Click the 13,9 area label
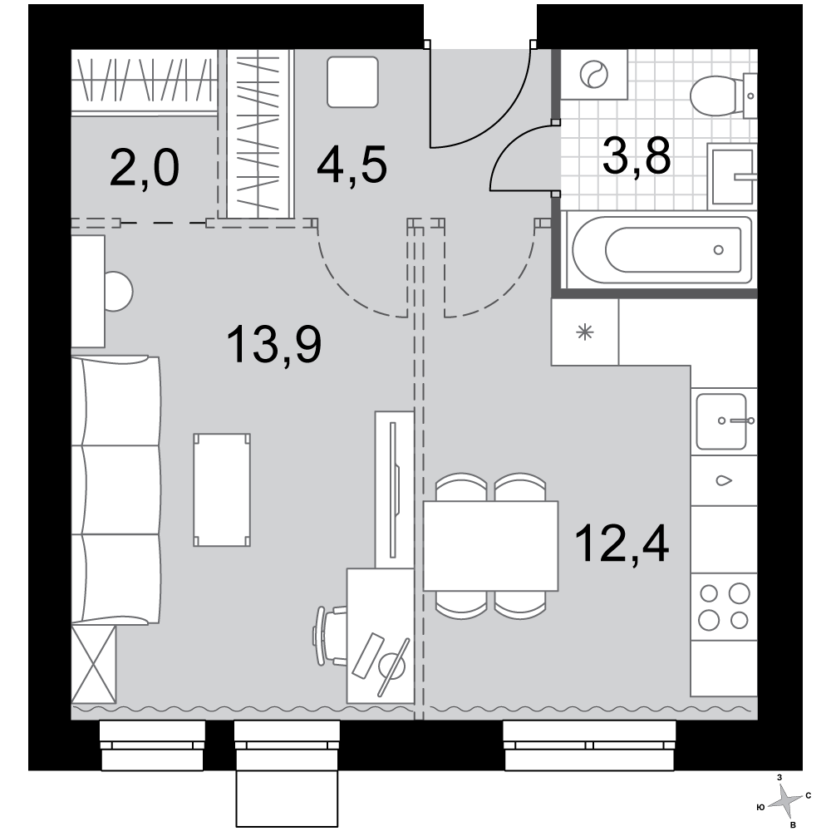tap(274, 345)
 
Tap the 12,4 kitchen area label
tap(621, 543)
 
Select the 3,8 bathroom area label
tap(637, 156)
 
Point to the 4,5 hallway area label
tap(352, 165)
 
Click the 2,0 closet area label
tap(144, 168)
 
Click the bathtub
tap(662, 250)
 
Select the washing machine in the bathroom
tap(594, 75)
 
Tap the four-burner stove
tap(724, 607)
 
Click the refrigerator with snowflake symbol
tap(585, 332)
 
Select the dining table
tap(491, 546)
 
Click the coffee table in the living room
tap(222, 490)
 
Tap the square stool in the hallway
tap(352, 82)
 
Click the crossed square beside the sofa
tap(94, 663)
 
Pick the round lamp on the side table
tap(118, 292)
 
